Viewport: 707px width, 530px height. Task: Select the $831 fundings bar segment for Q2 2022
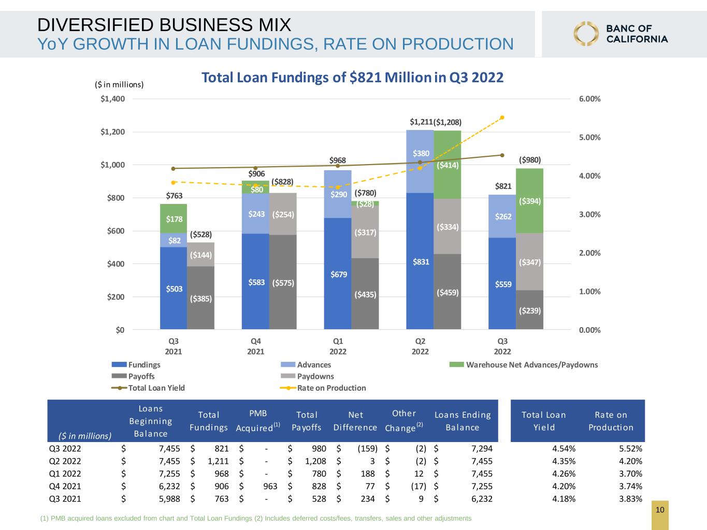[420, 261]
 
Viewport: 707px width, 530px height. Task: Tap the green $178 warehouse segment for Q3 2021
[174, 218]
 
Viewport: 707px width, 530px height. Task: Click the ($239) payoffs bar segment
[529, 310]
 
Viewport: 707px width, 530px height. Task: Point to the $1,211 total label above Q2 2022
[421, 122]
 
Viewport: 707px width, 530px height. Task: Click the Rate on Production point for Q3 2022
[502, 117]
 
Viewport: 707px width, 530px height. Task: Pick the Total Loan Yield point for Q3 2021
[174, 169]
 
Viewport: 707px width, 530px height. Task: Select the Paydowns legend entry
[307, 376]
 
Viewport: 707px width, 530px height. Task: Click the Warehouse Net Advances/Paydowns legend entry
[524, 364]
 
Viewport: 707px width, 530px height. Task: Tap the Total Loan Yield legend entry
[148, 388]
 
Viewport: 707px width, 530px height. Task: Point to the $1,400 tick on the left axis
[112, 99]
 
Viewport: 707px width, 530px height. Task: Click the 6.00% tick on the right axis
[590, 99]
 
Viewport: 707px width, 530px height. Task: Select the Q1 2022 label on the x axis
[338, 346]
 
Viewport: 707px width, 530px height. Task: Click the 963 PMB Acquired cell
[270, 486]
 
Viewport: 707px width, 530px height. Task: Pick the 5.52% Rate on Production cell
[630, 449]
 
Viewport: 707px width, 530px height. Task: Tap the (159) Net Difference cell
[367, 449]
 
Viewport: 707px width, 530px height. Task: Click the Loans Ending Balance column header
[463, 421]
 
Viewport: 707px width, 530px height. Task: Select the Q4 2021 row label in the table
[65, 486]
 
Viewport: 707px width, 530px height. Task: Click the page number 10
[660, 510]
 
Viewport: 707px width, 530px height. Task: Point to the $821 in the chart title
[365, 78]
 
